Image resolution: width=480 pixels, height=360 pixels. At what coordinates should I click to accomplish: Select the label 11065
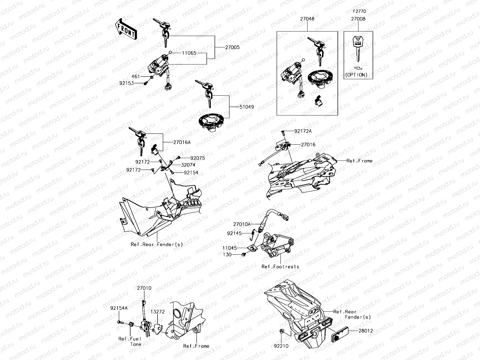189,53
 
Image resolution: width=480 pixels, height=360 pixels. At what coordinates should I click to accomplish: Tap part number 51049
246,106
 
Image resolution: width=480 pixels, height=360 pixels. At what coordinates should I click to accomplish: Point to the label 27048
307,19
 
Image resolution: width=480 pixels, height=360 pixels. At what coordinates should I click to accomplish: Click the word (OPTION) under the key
356,75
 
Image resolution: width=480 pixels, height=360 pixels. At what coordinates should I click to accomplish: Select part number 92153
134,83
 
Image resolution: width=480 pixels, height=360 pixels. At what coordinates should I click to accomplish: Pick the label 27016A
182,142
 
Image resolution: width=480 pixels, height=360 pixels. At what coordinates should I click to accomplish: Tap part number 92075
197,158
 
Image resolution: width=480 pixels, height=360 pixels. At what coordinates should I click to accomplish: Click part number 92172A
303,131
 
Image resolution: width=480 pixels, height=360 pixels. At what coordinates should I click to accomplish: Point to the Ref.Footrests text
280,266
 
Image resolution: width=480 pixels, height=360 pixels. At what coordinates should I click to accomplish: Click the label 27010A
241,224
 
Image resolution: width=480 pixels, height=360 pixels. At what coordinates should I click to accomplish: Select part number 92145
234,233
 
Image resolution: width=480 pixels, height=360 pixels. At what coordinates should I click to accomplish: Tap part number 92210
281,346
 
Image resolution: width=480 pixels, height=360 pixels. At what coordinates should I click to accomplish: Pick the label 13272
157,312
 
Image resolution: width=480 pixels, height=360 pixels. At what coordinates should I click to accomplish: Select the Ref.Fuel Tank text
130,341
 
